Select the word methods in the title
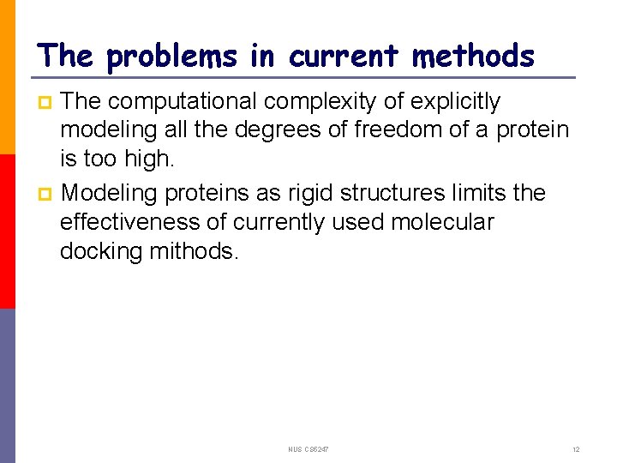tap(473, 57)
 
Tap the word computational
tap(183, 101)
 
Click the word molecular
tap(442, 222)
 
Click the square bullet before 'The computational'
tap(46, 103)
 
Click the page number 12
tap(576, 449)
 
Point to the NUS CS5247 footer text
tap(308, 449)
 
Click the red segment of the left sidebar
tap(8, 231)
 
